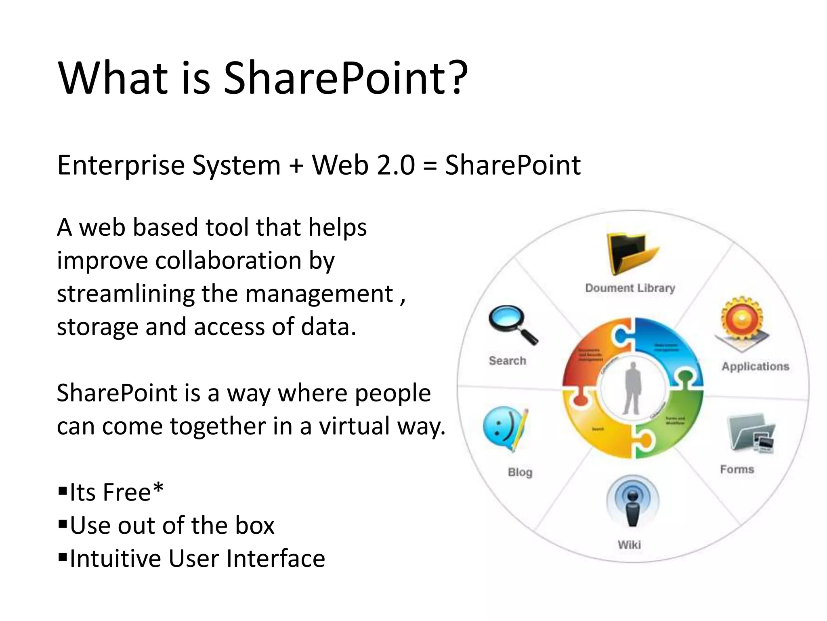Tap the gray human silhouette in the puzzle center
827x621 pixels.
tap(632, 388)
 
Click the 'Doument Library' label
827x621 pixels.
tap(630, 288)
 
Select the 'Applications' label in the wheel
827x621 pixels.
tap(755, 366)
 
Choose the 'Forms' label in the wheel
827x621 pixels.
tap(737, 469)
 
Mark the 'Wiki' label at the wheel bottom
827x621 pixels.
tap(629, 545)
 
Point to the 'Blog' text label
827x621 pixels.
tap(520, 472)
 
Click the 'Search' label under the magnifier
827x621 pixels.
tap(508, 361)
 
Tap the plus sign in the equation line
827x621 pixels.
tap(296, 166)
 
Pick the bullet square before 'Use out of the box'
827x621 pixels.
tap(63, 524)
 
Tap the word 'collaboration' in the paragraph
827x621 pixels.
tap(228, 260)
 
